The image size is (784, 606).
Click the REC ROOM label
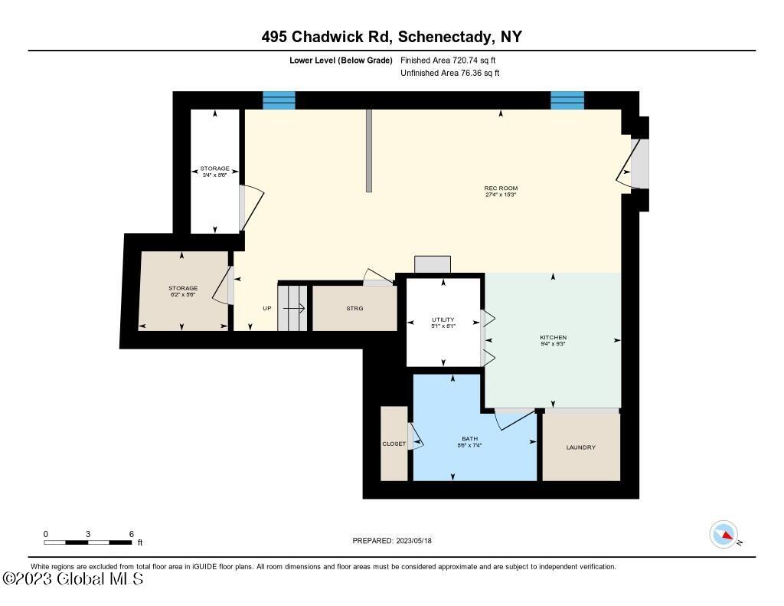coord(501,188)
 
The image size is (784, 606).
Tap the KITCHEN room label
coord(553,337)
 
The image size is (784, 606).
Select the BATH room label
coord(469,439)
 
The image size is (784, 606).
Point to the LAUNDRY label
coord(580,447)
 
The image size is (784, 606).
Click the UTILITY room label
coord(443,319)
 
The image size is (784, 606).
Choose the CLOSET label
coord(394,444)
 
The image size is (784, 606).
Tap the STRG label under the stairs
coord(354,308)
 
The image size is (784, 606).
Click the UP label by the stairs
coord(266,309)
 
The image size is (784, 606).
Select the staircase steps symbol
coord(292,308)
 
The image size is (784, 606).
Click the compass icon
coord(724,535)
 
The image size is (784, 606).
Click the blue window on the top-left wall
coord(279,100)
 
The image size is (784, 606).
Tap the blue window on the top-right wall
coord(567,100)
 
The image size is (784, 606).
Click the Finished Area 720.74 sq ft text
coord(452,60)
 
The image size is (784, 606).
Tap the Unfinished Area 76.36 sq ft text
coord(450,74)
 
